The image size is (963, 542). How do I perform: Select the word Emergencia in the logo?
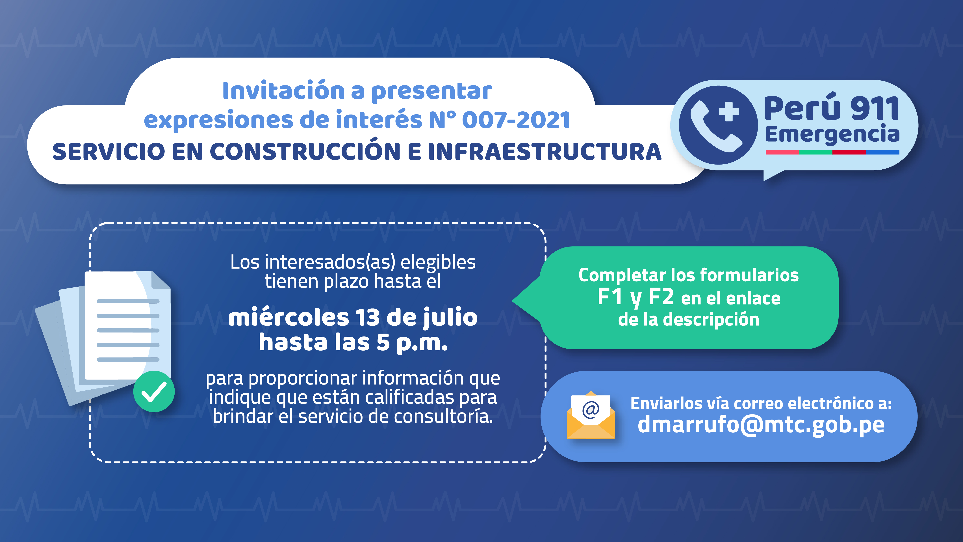(832, 135)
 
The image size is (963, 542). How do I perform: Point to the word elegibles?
(438, 263)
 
